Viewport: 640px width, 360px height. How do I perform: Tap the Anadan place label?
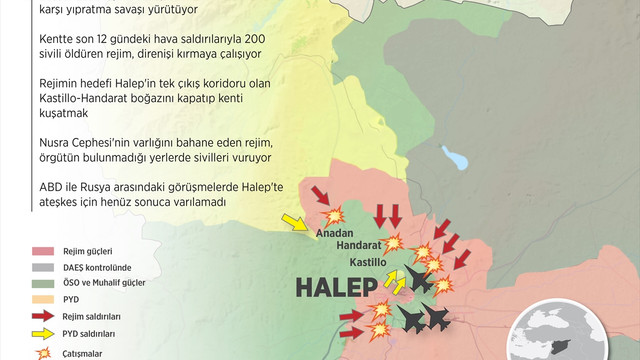(x=335, y=233)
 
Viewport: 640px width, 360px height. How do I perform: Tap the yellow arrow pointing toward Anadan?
(x=295, y=221)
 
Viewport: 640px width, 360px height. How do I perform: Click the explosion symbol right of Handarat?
(x=396, y=242)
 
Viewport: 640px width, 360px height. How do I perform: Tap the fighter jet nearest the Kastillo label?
(x=417, y=280)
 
